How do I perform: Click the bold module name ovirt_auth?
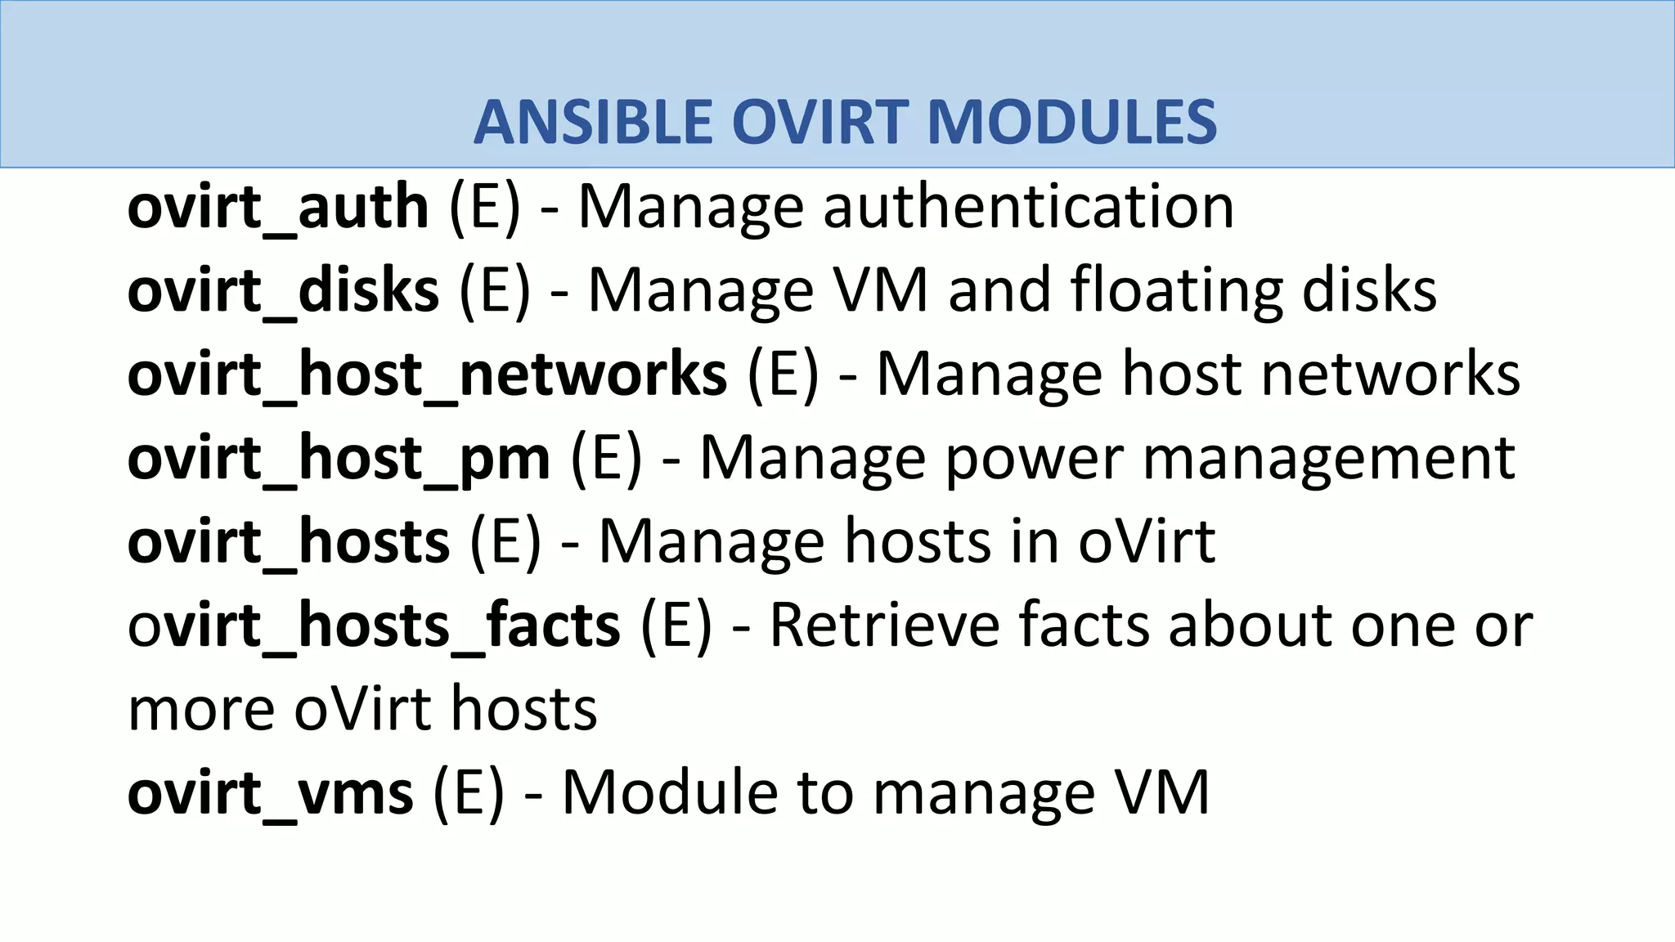point(278,207)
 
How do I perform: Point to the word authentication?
point(1028,207)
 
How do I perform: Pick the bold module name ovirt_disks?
point(283,290)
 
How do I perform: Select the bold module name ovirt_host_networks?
point(427,374)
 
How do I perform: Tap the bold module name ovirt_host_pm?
point(339,458)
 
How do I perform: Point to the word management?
point(1328,458)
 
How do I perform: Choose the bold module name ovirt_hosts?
point(289,541)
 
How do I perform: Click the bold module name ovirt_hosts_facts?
point(374,625)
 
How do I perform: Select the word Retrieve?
point(884,625)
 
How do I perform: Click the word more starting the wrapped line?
point(201,710)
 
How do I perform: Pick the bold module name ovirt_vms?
point(271,792)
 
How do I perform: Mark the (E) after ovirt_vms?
point(469,792)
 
